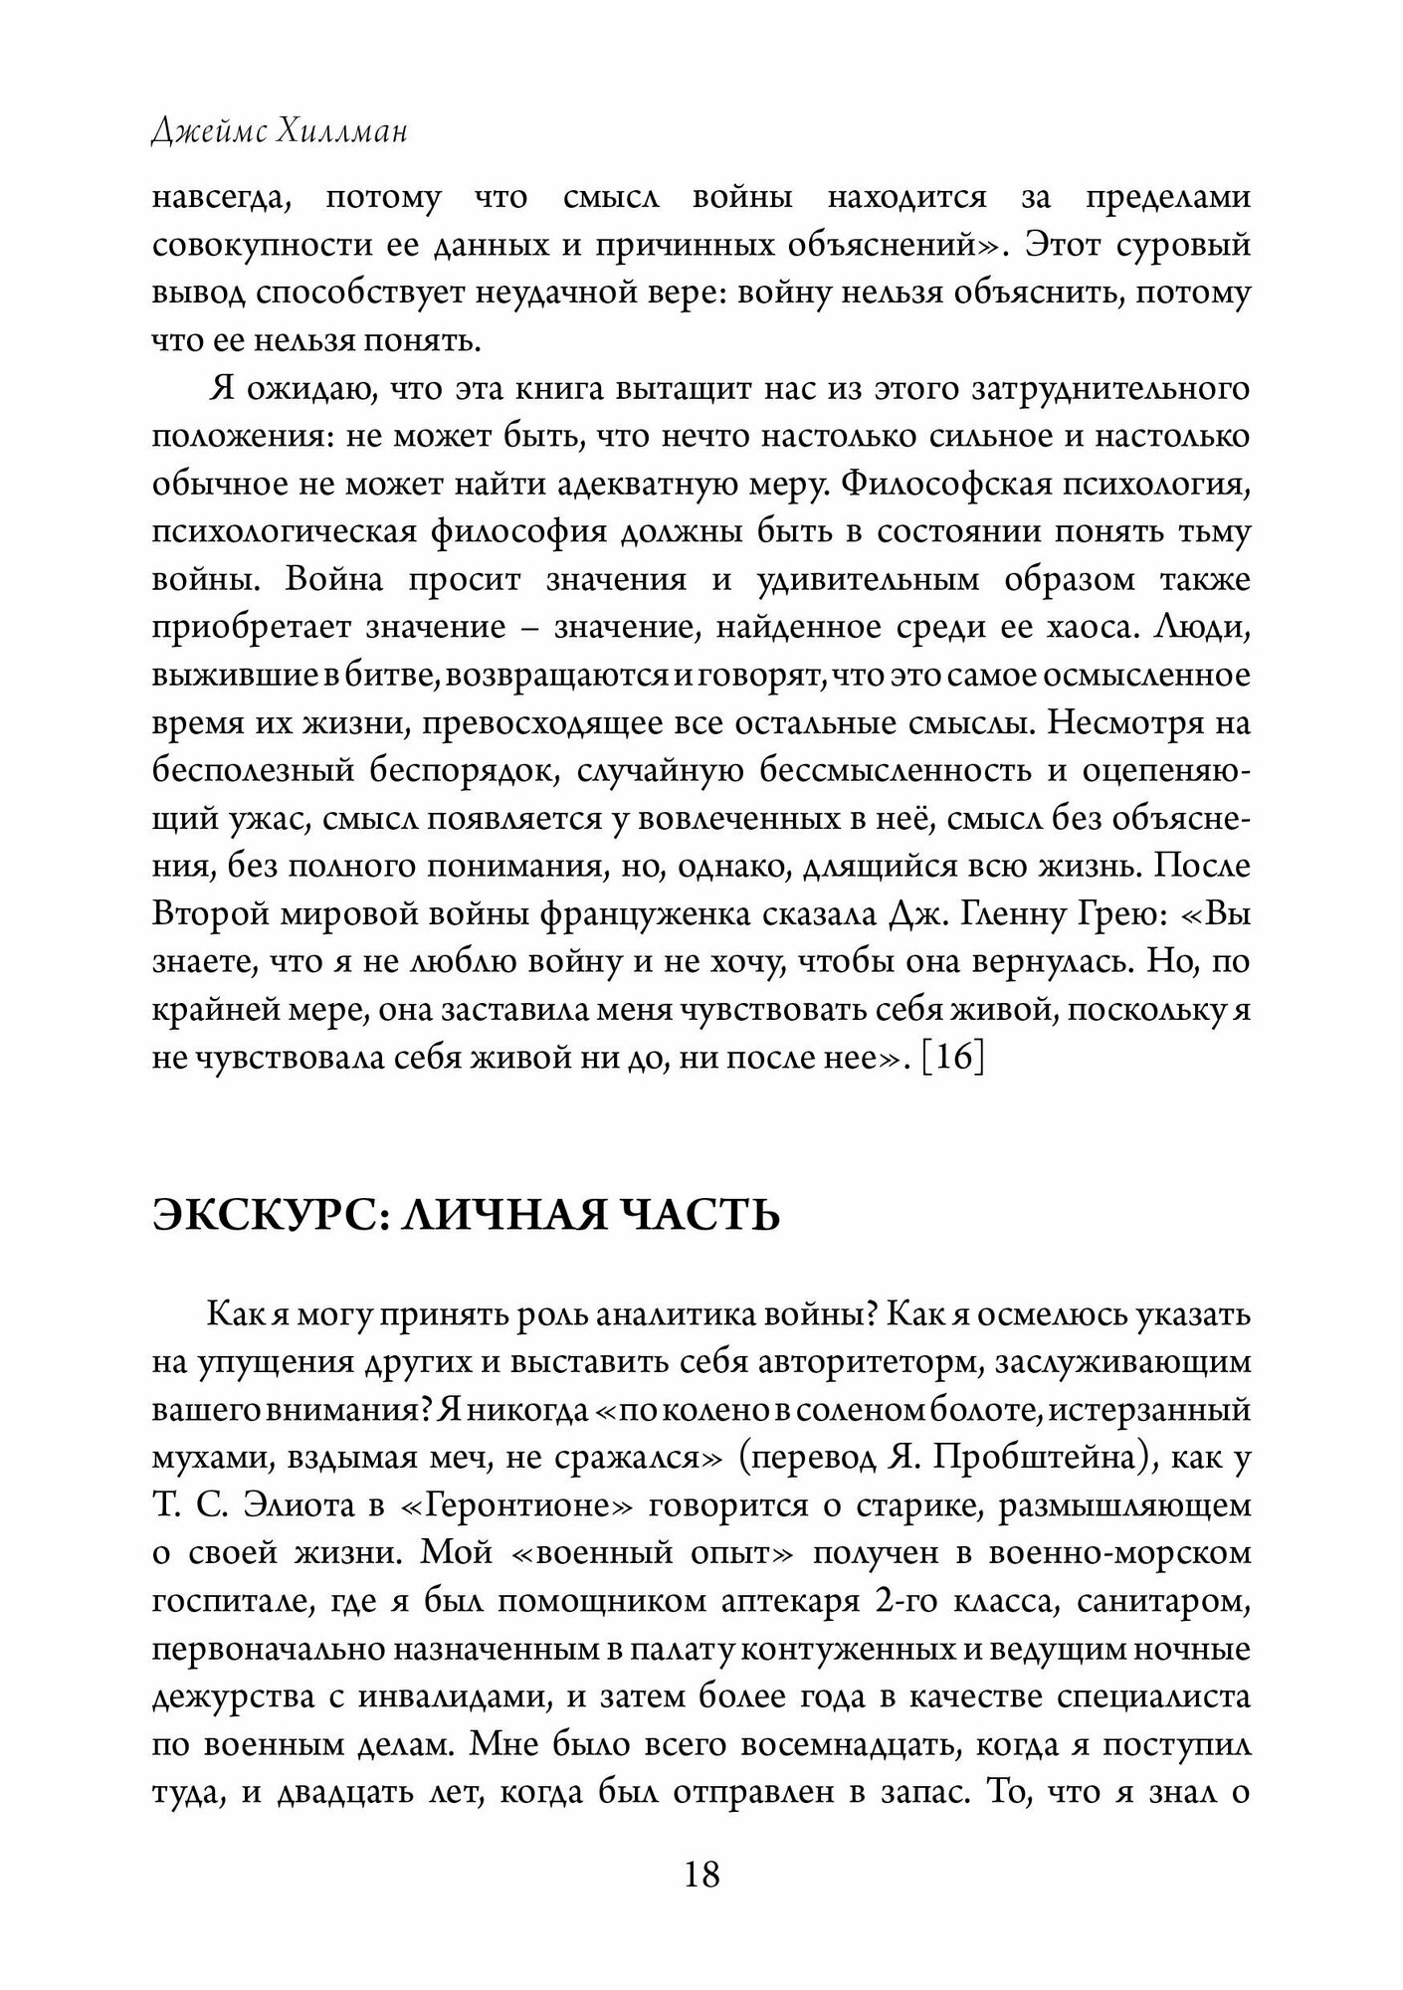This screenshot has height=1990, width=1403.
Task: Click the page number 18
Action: [701, 1875]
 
